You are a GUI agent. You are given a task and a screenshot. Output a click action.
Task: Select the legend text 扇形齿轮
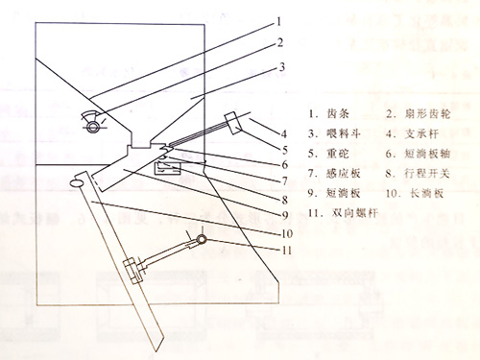tap(422, 114)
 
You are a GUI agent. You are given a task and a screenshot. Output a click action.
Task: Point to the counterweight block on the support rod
tap(234, 124)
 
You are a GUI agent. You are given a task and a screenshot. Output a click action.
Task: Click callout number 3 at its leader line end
tap(282, 66)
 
